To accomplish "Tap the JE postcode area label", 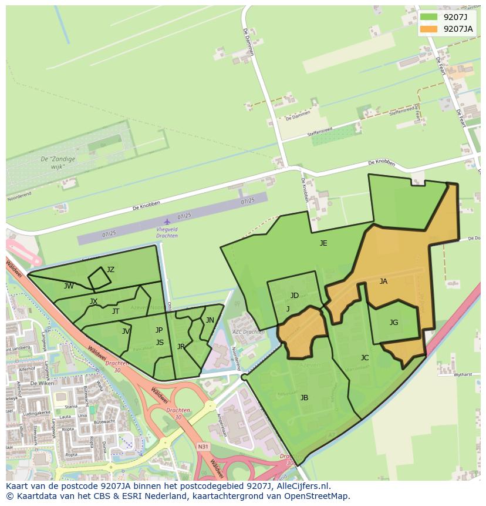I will pyautogui.click(x=323, y=243).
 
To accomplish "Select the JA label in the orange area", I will pyautogui.click(x=383, y=282).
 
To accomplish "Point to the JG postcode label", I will pyautogui.click(x=394, y=322).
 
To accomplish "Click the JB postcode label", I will pyautogui.click(x=304, y=398).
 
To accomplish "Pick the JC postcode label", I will pyautogui.click(x=365, y=358).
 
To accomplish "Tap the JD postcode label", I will pyautogui.click(x=295, y=296).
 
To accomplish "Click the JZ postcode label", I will pyautogui.click(x=110, y=270).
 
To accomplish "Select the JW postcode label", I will pyautogui.click(x=69, y=286).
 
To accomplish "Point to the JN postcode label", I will pyautogui.click(x=210, y=320).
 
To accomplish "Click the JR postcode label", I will pyautogui.click(x=181, y=347).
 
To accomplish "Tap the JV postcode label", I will pyautogui.click(x=126, y=331).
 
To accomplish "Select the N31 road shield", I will pyautogui.click(x=203, y=447).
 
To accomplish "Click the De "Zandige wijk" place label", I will pyautogui.click(x=52, y=163).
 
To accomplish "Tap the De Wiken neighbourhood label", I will pyautogui.click(x=42, y=383).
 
